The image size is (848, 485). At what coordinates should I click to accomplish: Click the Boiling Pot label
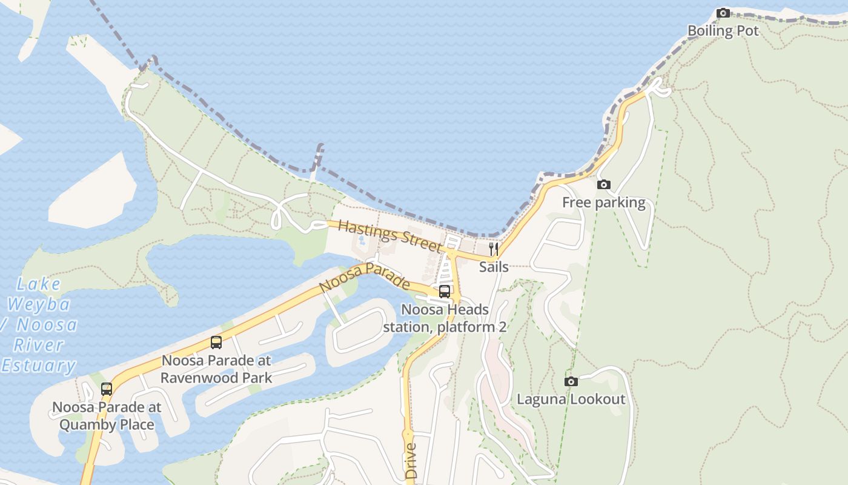click(x=723, y=31)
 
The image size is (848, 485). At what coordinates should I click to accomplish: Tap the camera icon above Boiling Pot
click(x=723, y=13)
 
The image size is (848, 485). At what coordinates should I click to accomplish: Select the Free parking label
click(x=603, y=202)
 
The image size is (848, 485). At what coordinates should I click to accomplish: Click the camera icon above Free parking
click(x=603, y=184)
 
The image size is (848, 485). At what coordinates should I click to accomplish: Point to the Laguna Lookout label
click(x=571, y=399)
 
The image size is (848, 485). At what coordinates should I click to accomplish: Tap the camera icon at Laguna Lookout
click(x=571, y=381)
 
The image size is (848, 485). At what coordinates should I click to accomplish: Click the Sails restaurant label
click(x=494, y=267)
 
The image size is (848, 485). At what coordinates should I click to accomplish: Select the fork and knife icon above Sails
click(x=494, y=249)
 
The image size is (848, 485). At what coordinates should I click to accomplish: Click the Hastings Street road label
click(x=391, y=236)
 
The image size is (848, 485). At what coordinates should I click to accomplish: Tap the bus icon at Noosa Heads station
click(x=445, y=292)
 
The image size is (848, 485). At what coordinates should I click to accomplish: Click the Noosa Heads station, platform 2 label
click(x=445, y=318)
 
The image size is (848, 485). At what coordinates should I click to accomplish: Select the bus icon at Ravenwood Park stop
click(x=216, y=343)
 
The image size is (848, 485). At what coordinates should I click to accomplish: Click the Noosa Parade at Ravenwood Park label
click(x=216, y=369)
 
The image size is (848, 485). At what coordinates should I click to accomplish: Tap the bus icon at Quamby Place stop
click(x=107, y=389)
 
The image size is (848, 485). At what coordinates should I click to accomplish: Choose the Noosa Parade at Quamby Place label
click(x=107, y=415)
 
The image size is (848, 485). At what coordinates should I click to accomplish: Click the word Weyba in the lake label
click(x=39, y=304)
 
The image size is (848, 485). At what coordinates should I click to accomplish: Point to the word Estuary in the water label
click(x=38, y=366)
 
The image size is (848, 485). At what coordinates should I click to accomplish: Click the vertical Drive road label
click(x=411, y=461)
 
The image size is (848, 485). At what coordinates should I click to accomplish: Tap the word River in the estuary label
click(x=38, y=346)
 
